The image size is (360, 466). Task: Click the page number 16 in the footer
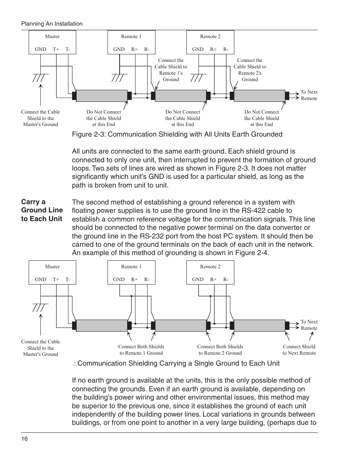24,439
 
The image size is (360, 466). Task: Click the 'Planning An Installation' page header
52,24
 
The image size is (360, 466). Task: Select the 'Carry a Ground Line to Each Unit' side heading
42,210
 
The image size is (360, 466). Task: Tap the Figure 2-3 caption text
177,134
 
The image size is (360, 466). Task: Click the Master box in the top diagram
52,42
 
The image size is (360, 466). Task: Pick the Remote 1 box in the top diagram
131,42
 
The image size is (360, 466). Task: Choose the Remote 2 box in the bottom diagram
210,272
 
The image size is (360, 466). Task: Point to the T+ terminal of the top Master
56,49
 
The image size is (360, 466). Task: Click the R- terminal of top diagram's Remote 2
226,49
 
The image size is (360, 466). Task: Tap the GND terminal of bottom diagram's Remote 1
119,280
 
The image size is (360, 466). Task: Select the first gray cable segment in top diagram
102,96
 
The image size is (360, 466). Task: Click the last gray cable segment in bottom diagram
260,325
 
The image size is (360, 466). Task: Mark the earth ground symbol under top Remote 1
119,78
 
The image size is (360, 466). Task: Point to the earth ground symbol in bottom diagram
40,306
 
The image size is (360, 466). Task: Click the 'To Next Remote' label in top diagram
309,95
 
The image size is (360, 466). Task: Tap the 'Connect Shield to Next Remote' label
299,350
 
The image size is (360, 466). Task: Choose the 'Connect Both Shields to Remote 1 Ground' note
141,350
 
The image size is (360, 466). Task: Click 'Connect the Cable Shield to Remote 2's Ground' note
249,70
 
